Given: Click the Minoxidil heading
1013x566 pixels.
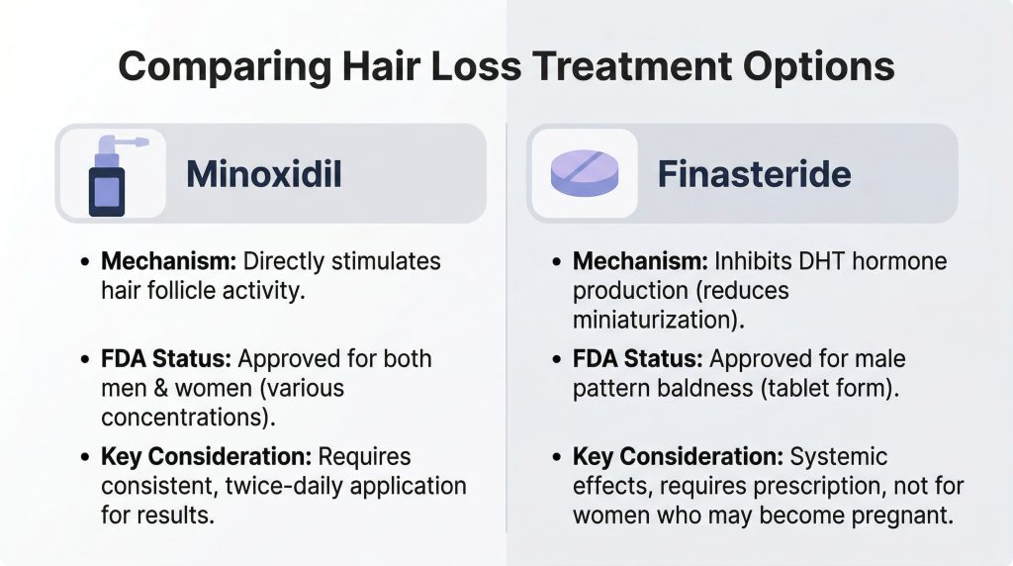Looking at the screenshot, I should (264, 173).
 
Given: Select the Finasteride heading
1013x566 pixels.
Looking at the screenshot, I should (754, 173).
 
